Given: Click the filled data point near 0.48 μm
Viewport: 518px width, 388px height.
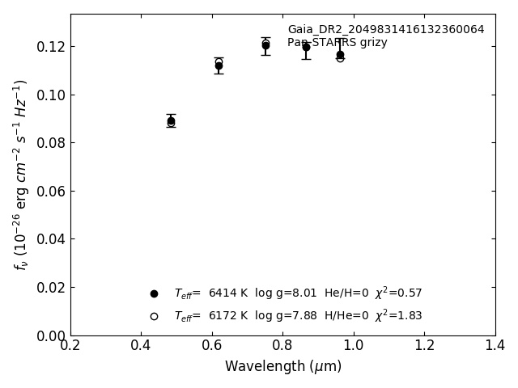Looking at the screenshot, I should [x=171, y=121].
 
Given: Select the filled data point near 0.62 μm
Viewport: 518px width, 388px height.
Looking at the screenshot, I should [x=219, y=65].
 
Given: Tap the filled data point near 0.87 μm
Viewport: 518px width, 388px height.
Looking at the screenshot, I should [x=306, y=47].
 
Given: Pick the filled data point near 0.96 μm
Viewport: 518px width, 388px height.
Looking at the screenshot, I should [x=340, y=55].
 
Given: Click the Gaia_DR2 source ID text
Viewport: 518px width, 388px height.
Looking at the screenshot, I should [x=385, y=30].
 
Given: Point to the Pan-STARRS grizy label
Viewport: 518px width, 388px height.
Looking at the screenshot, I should [x=337, y=43].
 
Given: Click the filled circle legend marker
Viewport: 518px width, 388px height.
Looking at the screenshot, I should [x=154, y=293].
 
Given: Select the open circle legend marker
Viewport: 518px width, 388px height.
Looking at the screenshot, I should [x=154, y=316].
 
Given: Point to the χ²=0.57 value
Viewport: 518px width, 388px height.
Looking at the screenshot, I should [x=398, y=293].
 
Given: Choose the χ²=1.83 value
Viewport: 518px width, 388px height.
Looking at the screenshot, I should [x=398, y=315].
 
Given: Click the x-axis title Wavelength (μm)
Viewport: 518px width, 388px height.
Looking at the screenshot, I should [x=283, y=367].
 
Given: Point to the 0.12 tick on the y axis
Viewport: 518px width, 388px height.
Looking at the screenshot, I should [x=50, y=47].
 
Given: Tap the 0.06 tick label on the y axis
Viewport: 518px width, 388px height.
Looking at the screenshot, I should [x=50, y=192].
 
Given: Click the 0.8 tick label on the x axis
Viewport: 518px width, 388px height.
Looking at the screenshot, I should [x=283, y=346].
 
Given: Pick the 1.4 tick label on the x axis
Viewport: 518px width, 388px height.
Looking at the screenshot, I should [x=495, y=346].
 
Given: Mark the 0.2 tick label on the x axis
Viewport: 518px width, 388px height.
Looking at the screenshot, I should [x=70, y=346].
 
